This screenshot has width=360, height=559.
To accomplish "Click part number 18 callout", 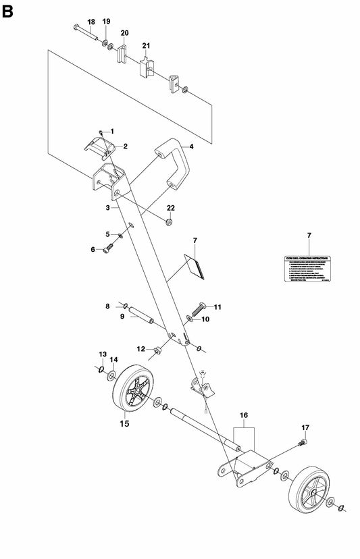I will (x=92, y=22).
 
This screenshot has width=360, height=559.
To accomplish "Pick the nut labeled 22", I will (x=170, y=222).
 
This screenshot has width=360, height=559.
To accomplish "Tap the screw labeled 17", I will (x=303, y=442).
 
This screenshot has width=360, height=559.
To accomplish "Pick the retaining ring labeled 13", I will (x=100, y=369).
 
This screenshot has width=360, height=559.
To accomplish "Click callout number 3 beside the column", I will (x=108, y=209).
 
